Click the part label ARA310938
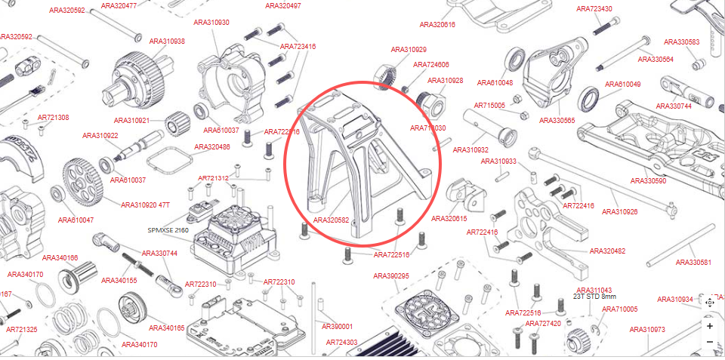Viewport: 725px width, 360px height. [167, 42]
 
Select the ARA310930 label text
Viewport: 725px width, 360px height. [211, 23]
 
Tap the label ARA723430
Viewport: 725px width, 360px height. [594, 9]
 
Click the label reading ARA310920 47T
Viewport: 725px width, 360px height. [146, 205]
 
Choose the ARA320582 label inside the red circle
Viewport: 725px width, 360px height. [331, 220]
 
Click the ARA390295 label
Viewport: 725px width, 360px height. [390, 275]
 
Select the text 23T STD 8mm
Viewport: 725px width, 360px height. [595, 297]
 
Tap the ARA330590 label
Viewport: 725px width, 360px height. [648, 181]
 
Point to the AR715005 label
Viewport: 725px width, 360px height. [489, 106]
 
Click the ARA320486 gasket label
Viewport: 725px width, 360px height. [212, 147]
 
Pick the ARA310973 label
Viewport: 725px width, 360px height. [647, 329]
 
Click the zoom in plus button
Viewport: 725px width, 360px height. [710, 326]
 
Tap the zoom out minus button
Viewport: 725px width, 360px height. [710, 342]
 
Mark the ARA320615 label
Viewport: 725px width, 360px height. [449, 219]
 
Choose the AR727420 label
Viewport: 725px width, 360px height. [544, 323]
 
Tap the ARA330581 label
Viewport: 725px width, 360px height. [693, 263]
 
